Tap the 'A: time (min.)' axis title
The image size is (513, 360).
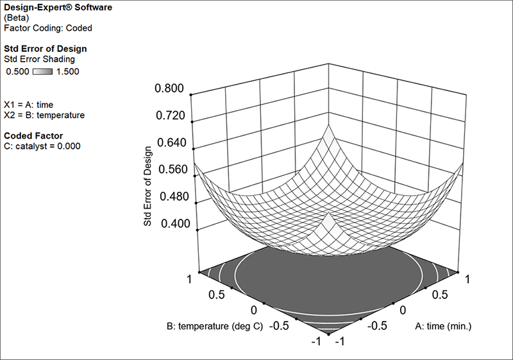(x=443, y=326)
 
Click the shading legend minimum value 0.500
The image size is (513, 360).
(x=17, y=72)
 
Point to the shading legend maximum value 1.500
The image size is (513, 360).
(x=67, y=72)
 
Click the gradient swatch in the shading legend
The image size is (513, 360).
(x=42, y=72)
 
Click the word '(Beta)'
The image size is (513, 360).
(x=16, y=18)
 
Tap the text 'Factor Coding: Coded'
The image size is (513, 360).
(x=47, y=28)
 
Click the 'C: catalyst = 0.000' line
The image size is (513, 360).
(x=42, y=146)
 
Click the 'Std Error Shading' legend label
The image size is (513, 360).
(x=41, y=59)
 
